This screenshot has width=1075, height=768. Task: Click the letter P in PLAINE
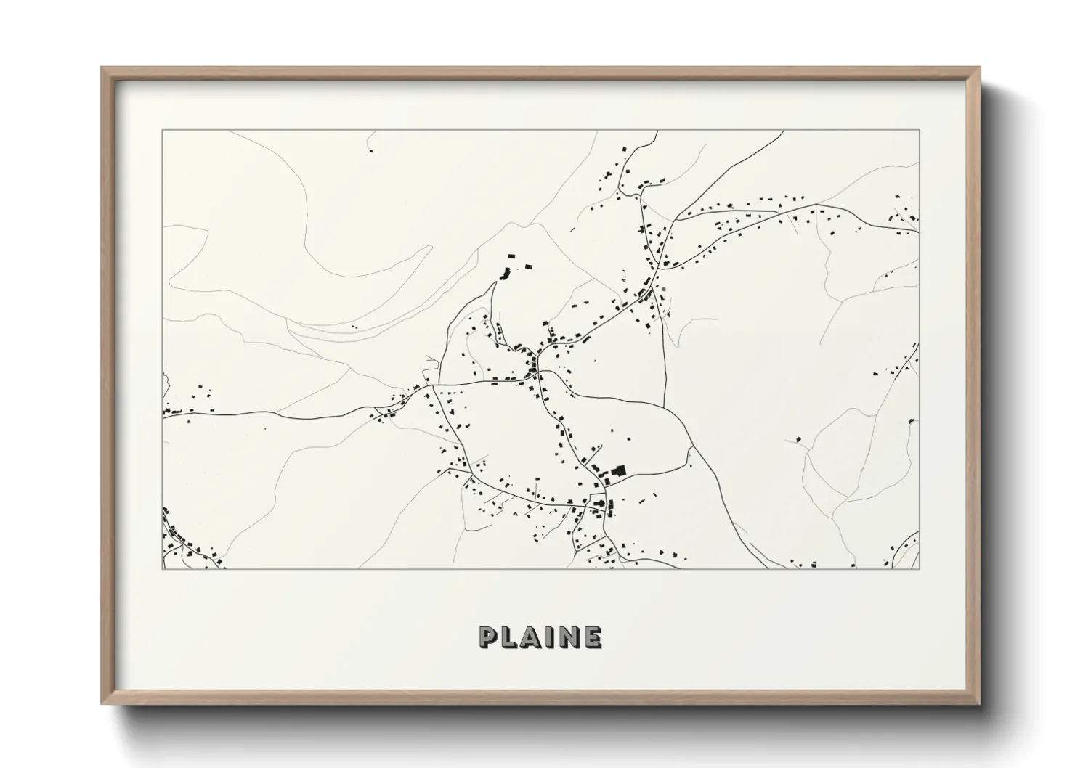tap(487, 637)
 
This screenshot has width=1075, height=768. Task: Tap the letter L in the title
tap(510, 637)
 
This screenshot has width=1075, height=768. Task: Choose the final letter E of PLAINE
tap(593, 637)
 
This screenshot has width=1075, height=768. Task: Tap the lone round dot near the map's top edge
tap(370, 151)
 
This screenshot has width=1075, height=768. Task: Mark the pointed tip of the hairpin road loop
tap(494, 283)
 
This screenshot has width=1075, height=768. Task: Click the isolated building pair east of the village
tap(798, 439)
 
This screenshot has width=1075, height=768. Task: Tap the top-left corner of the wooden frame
tap(102, 68)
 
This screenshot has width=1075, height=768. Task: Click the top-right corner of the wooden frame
tap(981, 68)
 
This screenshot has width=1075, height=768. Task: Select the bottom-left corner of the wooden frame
tap(102, 704)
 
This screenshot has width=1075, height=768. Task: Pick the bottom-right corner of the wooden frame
tap(981, 704)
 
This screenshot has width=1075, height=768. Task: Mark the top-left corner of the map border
tap(162, 130)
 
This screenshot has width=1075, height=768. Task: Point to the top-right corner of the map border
tap(920, 130)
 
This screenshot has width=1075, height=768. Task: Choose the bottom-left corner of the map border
tap(162, 568)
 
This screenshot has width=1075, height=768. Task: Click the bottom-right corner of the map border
tap(920, 568)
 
